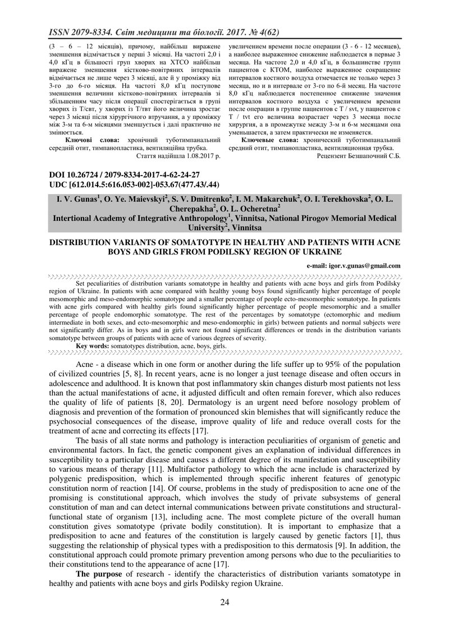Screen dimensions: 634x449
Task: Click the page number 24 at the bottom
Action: coord(224,603)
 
